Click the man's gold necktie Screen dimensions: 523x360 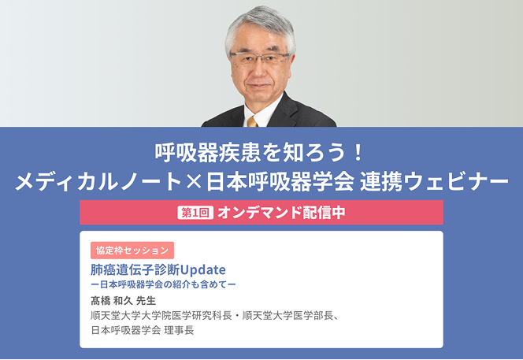coord(253,122)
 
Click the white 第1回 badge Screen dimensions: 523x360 coord(195,213)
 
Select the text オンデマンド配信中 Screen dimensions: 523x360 coord(281,213)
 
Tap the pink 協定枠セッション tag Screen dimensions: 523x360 coord(132,251)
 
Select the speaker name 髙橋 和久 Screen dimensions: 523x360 coord(112,301)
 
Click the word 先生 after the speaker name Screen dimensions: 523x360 coord(146,301)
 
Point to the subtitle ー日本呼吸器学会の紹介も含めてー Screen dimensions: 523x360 coord(164,284)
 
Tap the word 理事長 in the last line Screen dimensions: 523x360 coord(179,330)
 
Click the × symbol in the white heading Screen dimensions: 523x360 coord(194,183)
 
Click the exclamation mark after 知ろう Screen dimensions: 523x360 coord(358,153)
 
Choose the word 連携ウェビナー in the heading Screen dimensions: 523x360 coord(434,183)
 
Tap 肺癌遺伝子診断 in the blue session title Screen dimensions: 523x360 coord(135,269)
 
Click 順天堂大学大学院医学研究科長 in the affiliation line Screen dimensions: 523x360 coord(161,315)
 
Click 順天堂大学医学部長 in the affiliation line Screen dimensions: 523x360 coord(287,315)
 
